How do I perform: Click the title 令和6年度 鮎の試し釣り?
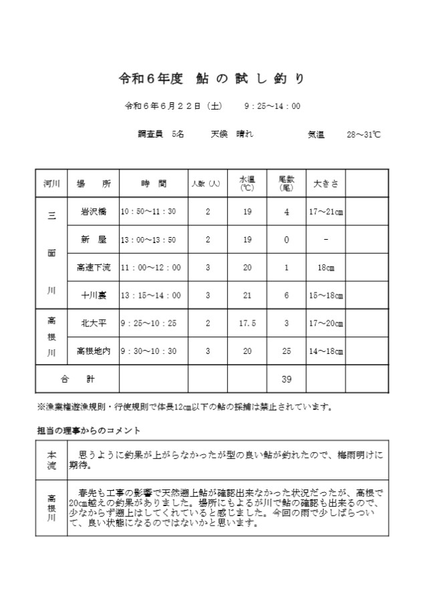pos(212,79)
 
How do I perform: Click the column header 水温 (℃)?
pos(247,183)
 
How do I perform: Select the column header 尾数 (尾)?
pos(287,183)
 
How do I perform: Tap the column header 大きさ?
pos(325,183)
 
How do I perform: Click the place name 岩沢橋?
pos(94,212)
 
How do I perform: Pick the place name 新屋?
pos(94,240)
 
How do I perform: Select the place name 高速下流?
pos(94,268)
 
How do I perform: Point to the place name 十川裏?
pos(94,295)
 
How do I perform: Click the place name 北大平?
pos(94,323)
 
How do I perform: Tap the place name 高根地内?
pos(94,351)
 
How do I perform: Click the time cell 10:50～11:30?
pos(148,212)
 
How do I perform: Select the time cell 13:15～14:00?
pos(150,295)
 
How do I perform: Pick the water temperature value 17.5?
pos(247,323)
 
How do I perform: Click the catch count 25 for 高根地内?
pos(287,351)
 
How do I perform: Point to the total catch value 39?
pos(287,379)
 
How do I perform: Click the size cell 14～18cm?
pos(325,351)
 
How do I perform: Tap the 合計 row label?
pos(77,379)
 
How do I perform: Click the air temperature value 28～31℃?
pos(364,134)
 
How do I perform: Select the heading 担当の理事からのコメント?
pos(88,430)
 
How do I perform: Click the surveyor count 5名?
pos(178,134)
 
